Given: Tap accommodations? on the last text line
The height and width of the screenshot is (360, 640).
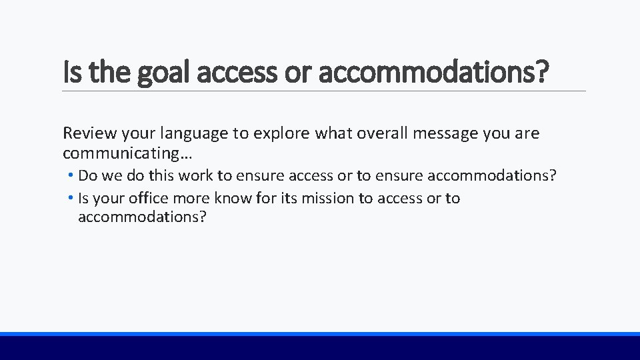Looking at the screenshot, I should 143,217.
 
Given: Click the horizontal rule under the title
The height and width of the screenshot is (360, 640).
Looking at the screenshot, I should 324,91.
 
